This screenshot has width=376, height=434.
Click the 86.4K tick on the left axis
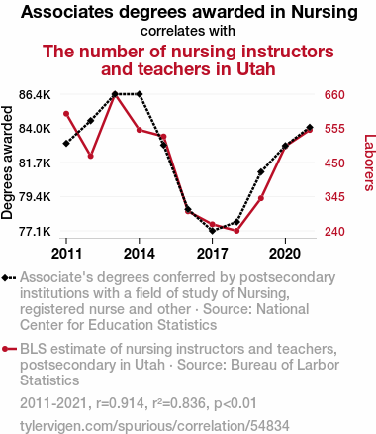35,95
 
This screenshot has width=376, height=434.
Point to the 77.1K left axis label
35,232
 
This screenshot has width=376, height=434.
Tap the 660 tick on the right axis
334,95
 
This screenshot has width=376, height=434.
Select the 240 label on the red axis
334,232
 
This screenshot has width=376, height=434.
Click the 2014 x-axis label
140,254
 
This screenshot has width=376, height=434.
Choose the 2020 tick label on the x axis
285,254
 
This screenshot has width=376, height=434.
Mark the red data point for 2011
66,114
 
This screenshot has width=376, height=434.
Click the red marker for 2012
91,156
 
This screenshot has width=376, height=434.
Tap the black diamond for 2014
140,94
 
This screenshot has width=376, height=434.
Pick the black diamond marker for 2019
261,172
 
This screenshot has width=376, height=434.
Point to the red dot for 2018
236,231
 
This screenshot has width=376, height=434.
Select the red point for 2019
261,198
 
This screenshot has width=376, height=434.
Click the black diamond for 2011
66,144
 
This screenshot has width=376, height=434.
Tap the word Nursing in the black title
325,13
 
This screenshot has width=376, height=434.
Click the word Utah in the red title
255,69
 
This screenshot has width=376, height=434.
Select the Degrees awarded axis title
7,163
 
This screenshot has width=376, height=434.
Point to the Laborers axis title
369,163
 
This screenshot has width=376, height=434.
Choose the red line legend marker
9,349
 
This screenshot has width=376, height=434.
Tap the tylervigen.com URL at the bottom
154,426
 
